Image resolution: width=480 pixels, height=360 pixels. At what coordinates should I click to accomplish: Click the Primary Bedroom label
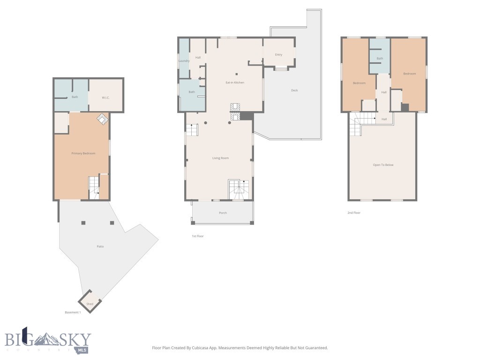point(83,153)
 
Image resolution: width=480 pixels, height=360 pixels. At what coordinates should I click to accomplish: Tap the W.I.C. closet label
point(105,97)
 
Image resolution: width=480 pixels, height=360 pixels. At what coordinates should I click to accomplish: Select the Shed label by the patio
point(90,304)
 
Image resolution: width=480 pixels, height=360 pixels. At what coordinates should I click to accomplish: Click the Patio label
point(100,246)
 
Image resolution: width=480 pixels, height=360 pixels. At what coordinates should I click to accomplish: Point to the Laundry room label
point(184,61)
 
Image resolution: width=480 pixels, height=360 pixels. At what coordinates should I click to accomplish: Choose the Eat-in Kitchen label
point(235,82)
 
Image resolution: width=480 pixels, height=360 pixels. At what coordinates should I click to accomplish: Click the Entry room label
point(278,55)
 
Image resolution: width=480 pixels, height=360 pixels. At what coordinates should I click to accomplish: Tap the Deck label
point(294,90)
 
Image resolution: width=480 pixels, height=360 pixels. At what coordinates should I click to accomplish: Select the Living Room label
point(220,158)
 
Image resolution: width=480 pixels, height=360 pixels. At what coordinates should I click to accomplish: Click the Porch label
point(223,213)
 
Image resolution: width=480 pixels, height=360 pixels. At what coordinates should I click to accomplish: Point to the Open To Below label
point(383,165)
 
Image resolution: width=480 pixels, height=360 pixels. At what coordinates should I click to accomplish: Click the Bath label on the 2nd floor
point(380,59)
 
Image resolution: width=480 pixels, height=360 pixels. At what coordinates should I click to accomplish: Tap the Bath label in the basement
point(75,97)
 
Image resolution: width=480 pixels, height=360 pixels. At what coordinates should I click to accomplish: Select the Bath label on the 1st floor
point(192,92)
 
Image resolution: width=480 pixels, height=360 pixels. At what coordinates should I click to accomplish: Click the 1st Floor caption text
point(198,236)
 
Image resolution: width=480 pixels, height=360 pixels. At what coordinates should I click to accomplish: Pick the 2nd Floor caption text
point(353,213)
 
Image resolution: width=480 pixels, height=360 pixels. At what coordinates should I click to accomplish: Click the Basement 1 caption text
point(73,312)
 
